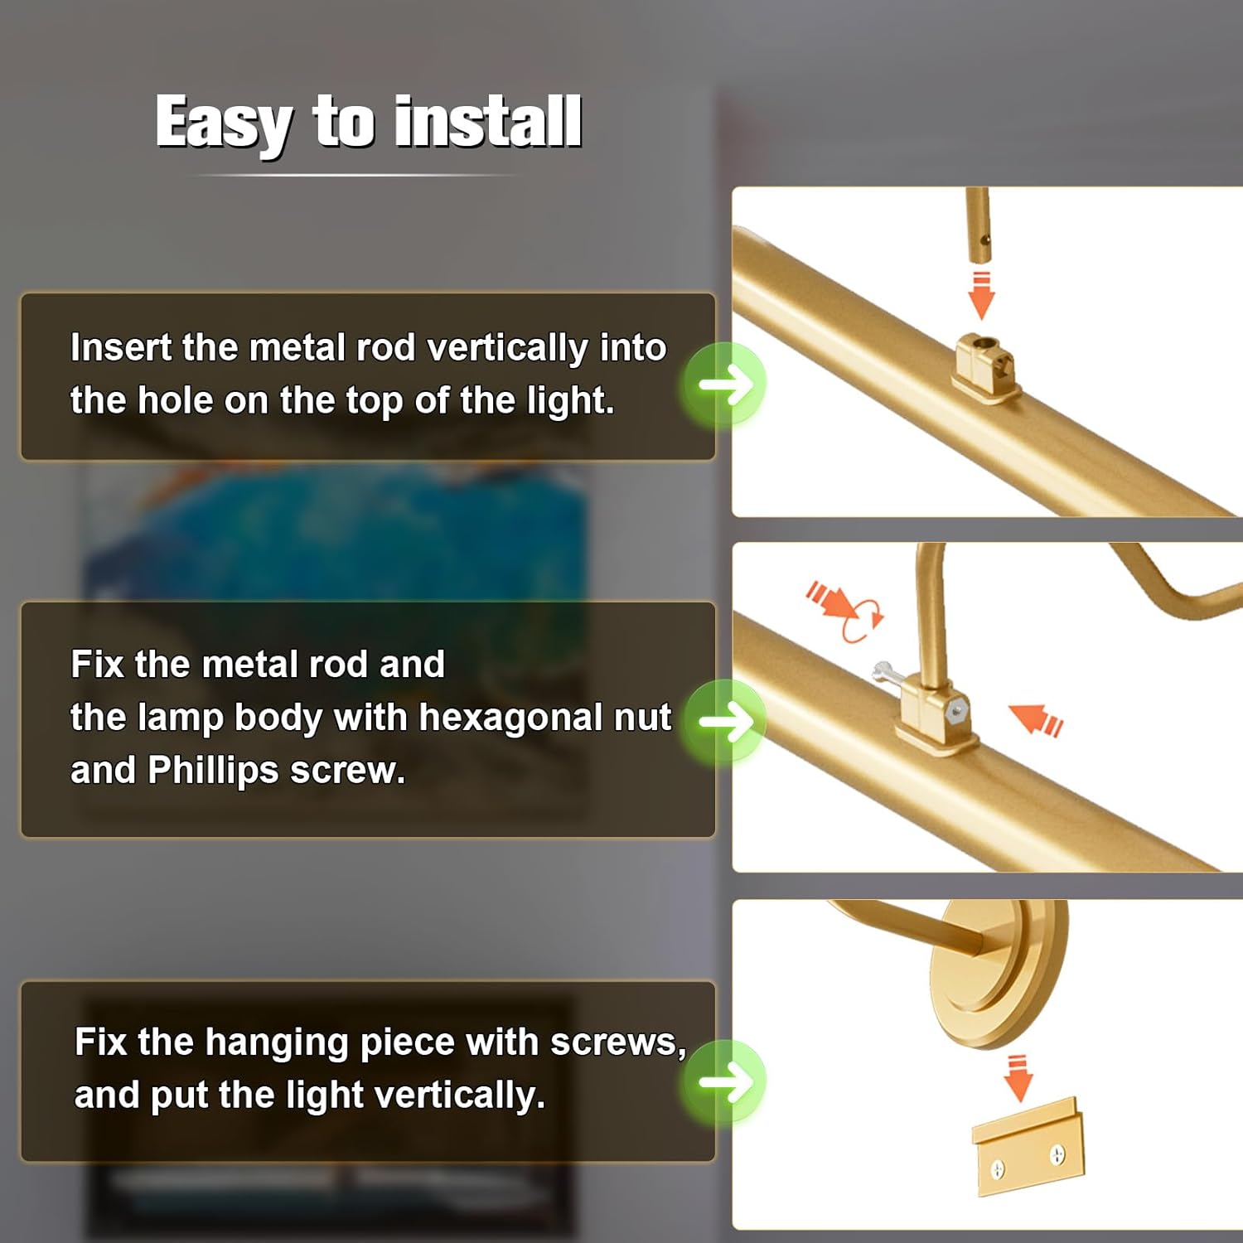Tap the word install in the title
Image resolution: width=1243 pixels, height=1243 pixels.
488,121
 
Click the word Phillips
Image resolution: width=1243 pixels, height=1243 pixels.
213,771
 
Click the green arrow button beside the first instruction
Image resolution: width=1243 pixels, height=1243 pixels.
724,384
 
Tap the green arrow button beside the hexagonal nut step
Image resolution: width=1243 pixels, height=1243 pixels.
724,721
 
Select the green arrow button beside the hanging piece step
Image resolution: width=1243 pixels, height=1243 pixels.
724,1081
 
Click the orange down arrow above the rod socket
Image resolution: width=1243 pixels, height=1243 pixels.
981,294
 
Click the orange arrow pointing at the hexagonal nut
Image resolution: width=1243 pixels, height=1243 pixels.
1035,718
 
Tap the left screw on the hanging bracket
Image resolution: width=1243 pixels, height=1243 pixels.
999,1169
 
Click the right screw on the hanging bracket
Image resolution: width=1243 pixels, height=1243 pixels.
1058,1154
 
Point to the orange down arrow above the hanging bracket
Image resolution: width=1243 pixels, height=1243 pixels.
1018,1078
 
